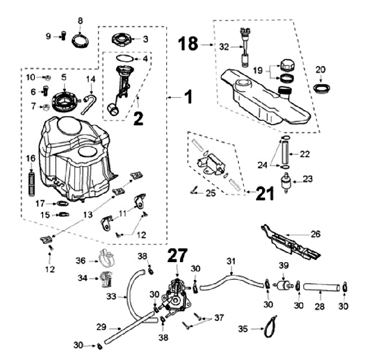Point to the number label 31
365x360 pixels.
pos(231,261)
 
